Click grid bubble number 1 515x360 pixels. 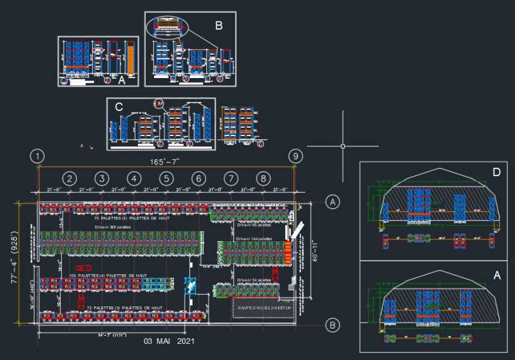39,157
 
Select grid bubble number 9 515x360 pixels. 295,157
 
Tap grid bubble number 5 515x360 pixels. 166,178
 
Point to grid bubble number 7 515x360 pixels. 230,178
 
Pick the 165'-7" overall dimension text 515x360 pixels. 166,162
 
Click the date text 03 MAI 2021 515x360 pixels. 168,341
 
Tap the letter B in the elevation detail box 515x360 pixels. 219,26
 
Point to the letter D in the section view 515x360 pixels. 496,172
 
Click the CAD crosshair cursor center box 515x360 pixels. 342,146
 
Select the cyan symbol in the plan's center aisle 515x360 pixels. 190,286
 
